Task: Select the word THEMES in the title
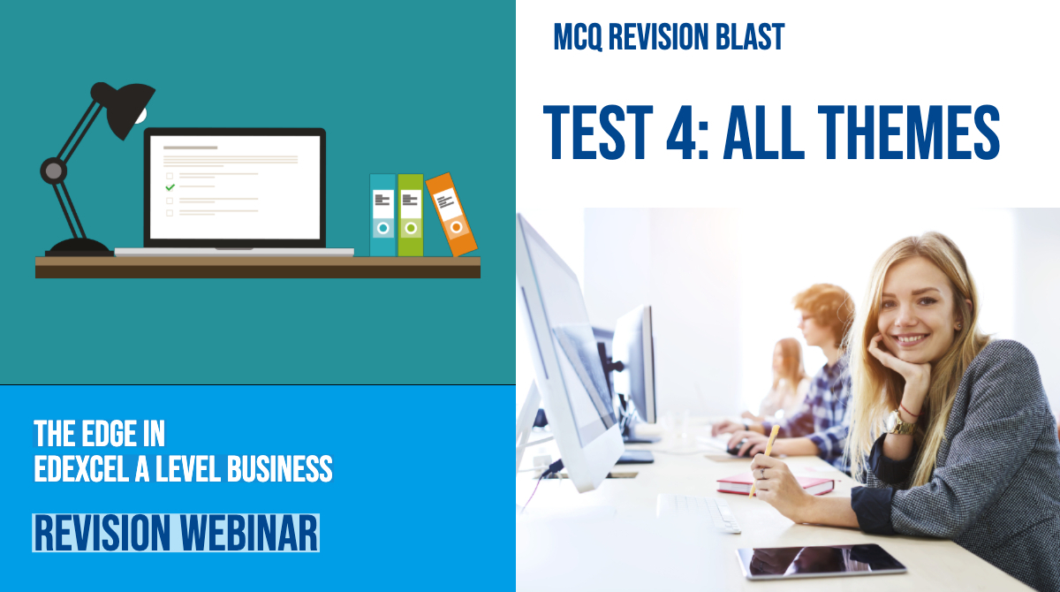(x=909, y=132)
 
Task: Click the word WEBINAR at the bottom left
(x=248, y=534)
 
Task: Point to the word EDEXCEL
(x=81, y=468)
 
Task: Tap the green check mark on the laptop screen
(x=170, y=187)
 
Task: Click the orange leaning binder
(x=451, y=215)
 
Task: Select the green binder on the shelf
(x=410, y=215)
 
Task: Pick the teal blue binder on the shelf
(x=382, y=215)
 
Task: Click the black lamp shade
(x=127, y=108)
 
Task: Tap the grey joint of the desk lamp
(x=53, y=171)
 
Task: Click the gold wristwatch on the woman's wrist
(x=900, y=423)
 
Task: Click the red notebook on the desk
(x=775, y=484)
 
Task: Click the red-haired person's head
(x=823, y=315)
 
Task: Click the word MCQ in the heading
(x=578, y=37)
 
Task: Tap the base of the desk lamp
(x=79, y=247)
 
